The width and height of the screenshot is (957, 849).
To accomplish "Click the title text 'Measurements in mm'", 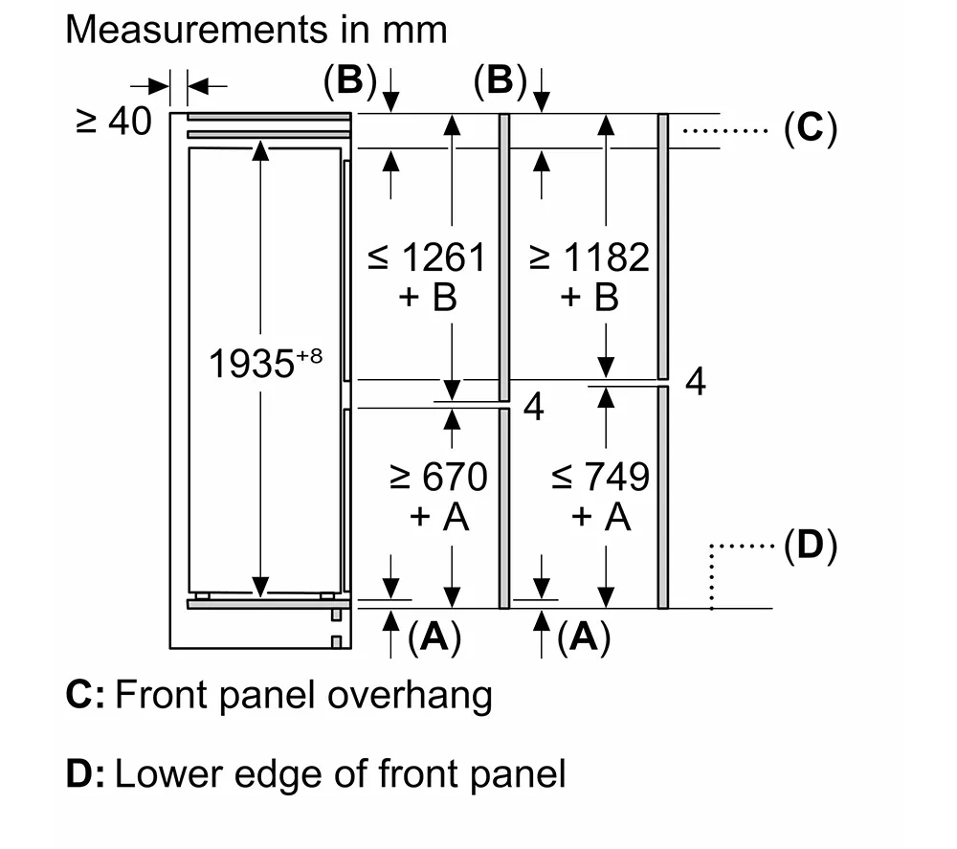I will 256,30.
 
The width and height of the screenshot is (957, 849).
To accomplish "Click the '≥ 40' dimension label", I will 114,122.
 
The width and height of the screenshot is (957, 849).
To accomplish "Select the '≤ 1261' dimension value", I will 428,257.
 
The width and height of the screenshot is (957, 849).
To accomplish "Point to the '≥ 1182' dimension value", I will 590,257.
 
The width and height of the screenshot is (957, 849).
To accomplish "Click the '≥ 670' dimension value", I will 438,476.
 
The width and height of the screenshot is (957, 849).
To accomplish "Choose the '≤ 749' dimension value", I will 601,476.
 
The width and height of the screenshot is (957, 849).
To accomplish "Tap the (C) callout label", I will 810,128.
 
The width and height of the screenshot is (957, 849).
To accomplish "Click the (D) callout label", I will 810,547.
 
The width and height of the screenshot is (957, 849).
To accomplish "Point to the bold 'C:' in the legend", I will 85,696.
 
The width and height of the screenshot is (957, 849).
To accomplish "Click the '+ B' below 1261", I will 428,298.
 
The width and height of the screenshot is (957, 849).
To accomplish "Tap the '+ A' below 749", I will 601,517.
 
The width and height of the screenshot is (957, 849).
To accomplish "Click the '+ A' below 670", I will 438,517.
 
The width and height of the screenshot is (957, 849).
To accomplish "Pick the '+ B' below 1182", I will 590,298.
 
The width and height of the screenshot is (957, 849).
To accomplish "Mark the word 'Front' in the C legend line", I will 161,696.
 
